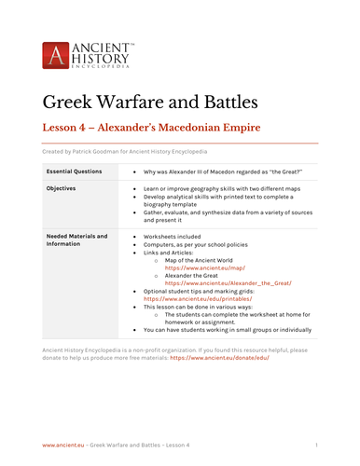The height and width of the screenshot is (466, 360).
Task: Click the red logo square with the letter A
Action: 57,56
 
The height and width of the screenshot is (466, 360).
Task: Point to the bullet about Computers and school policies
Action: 200,244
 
